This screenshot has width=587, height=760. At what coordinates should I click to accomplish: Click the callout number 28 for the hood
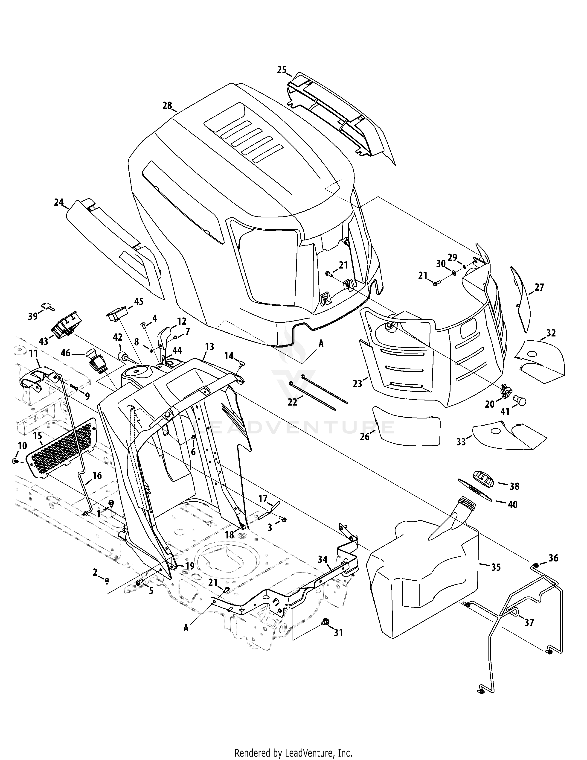point(167,105)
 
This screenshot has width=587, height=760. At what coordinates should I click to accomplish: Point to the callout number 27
point(539,287)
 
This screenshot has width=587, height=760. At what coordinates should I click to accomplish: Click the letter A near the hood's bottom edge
point(321,344)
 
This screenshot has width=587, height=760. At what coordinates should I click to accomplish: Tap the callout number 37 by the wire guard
point(529,622)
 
